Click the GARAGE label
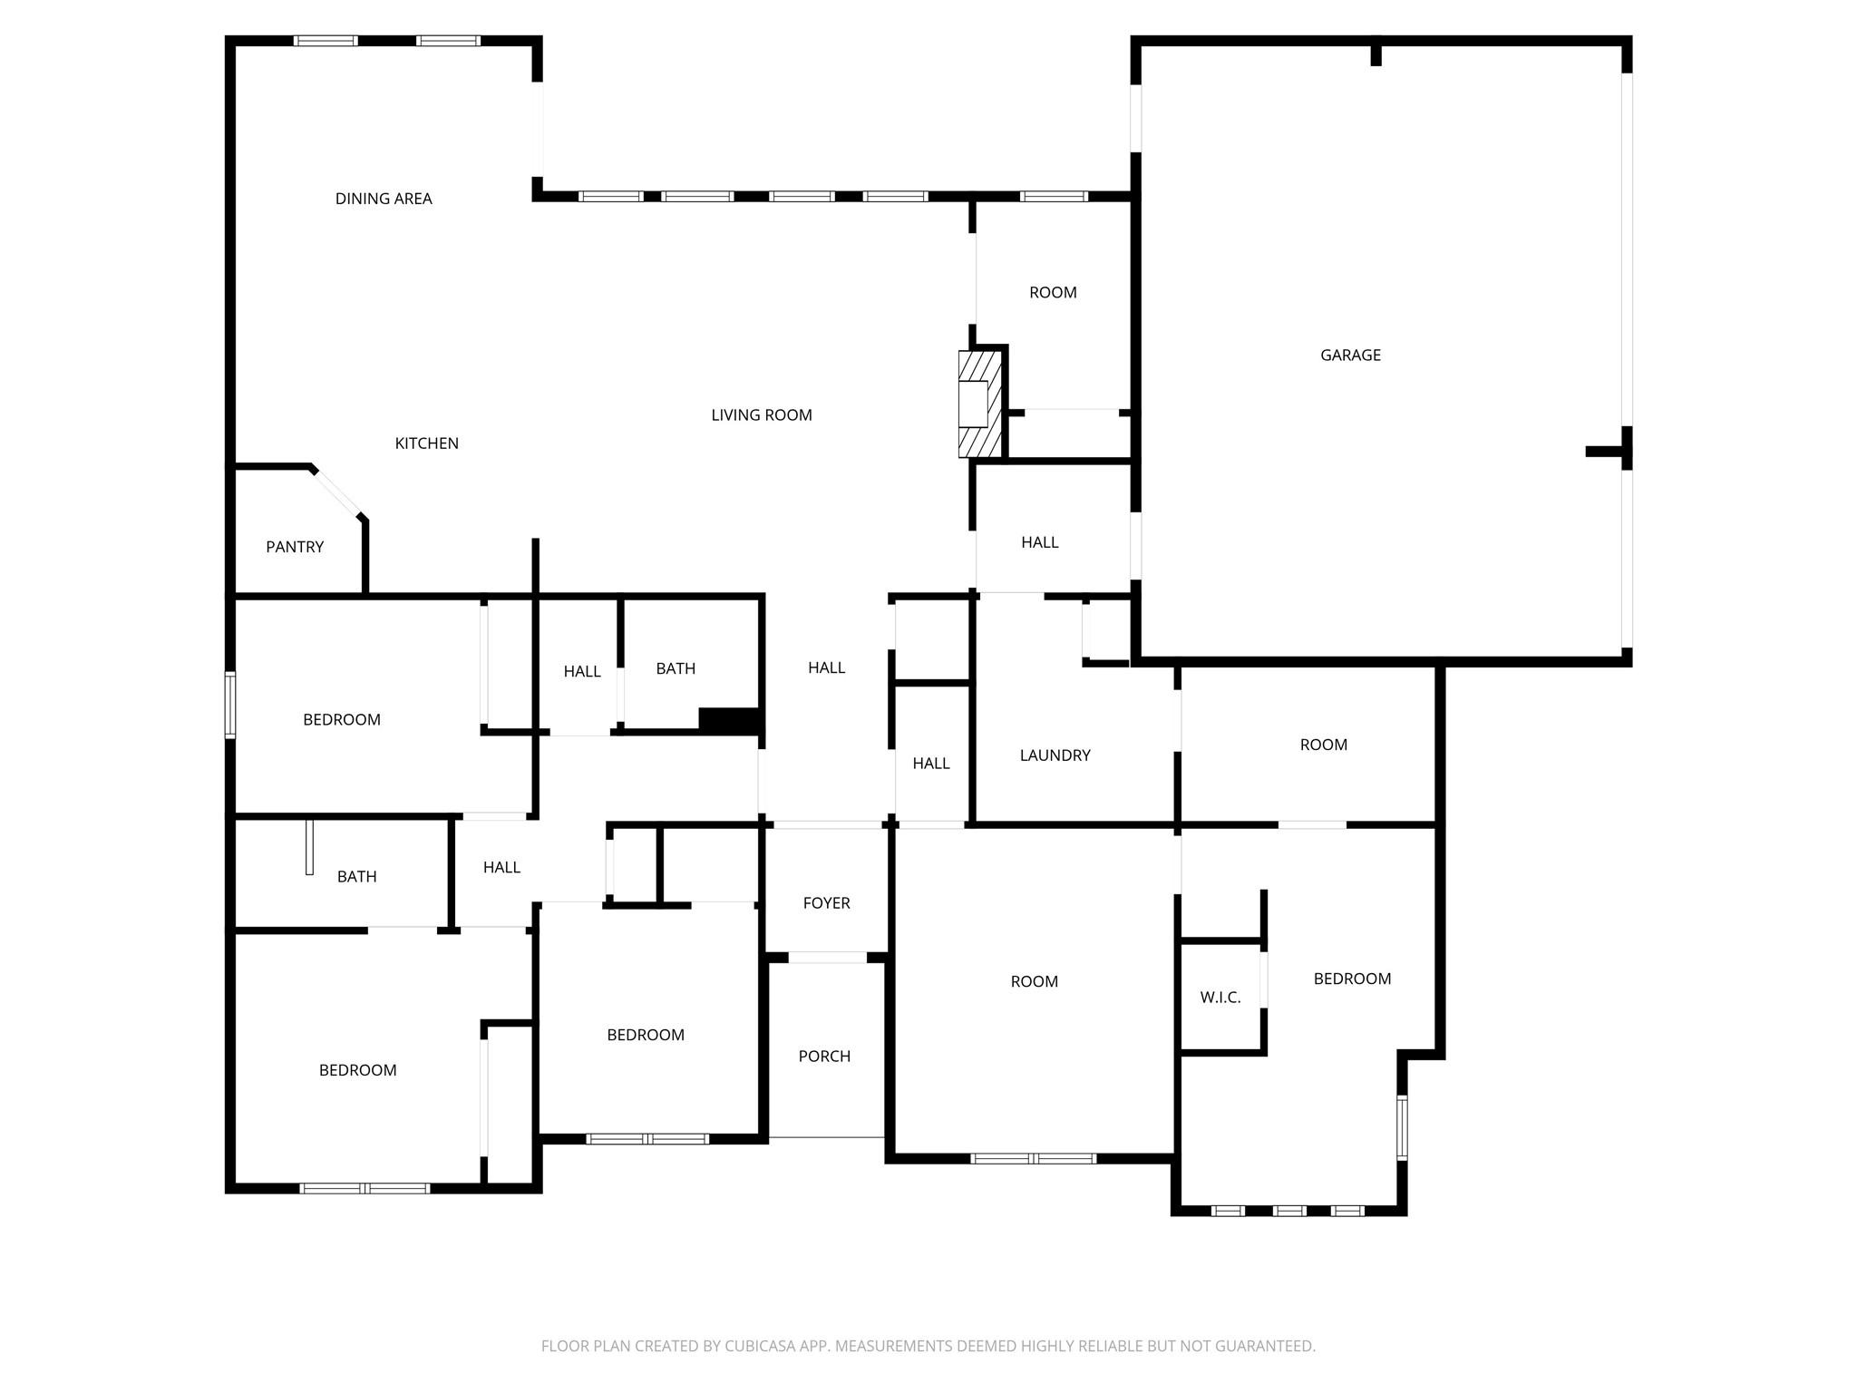pos(1350,356)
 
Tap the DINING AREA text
pos(384,199)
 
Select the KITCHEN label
pos(426,443)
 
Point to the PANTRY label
pos(295,547)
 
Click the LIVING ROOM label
pos(761,415)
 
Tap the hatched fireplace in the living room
pos(979,404)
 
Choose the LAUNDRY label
pos(1055,755)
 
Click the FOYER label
pos(826,903)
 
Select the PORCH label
pos(824,1057)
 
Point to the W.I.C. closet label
pos(1220,998)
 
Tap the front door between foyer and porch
pos(827,958)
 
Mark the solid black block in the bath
pos(728,720)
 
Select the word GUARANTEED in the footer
pos(1264,1346)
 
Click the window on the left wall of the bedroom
pos(230,705)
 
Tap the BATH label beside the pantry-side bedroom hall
pos(676,669)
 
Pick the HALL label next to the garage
pos(1039,542)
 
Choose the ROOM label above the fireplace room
pos(1053,293)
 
